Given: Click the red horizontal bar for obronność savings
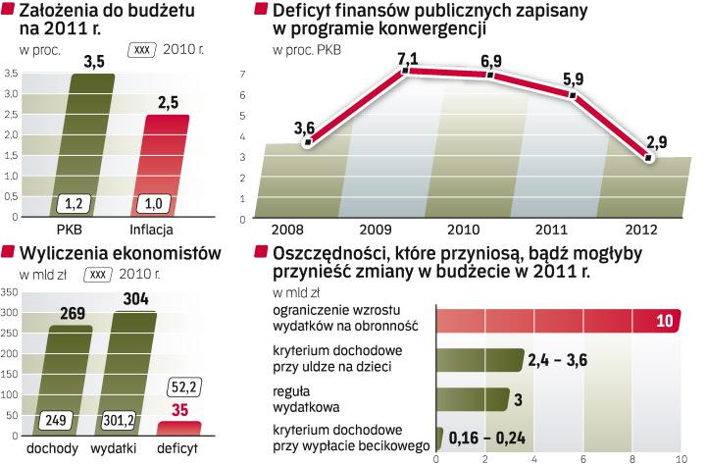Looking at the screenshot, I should (549, 321).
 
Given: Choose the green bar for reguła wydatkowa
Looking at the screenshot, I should (472, 399).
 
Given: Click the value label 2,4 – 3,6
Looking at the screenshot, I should (558, 360).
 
